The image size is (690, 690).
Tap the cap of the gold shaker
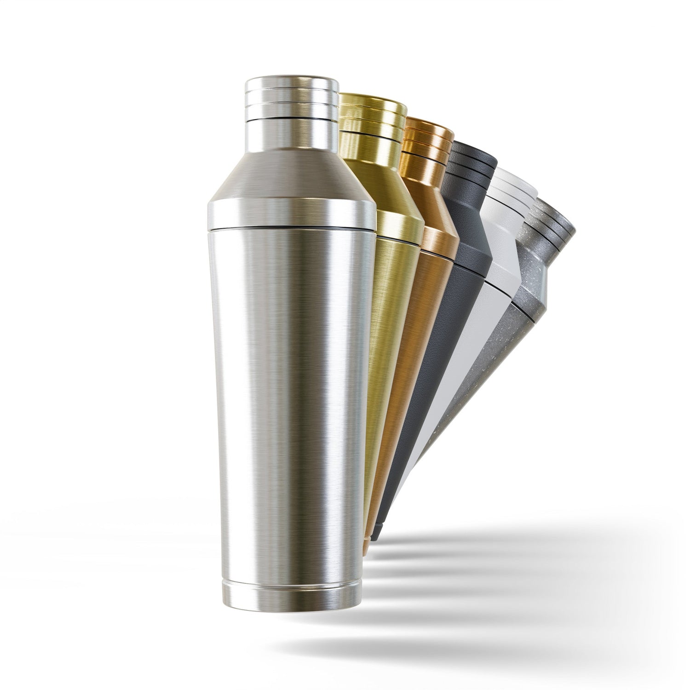pos(374,115)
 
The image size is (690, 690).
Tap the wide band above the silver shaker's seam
pos(291,212)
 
